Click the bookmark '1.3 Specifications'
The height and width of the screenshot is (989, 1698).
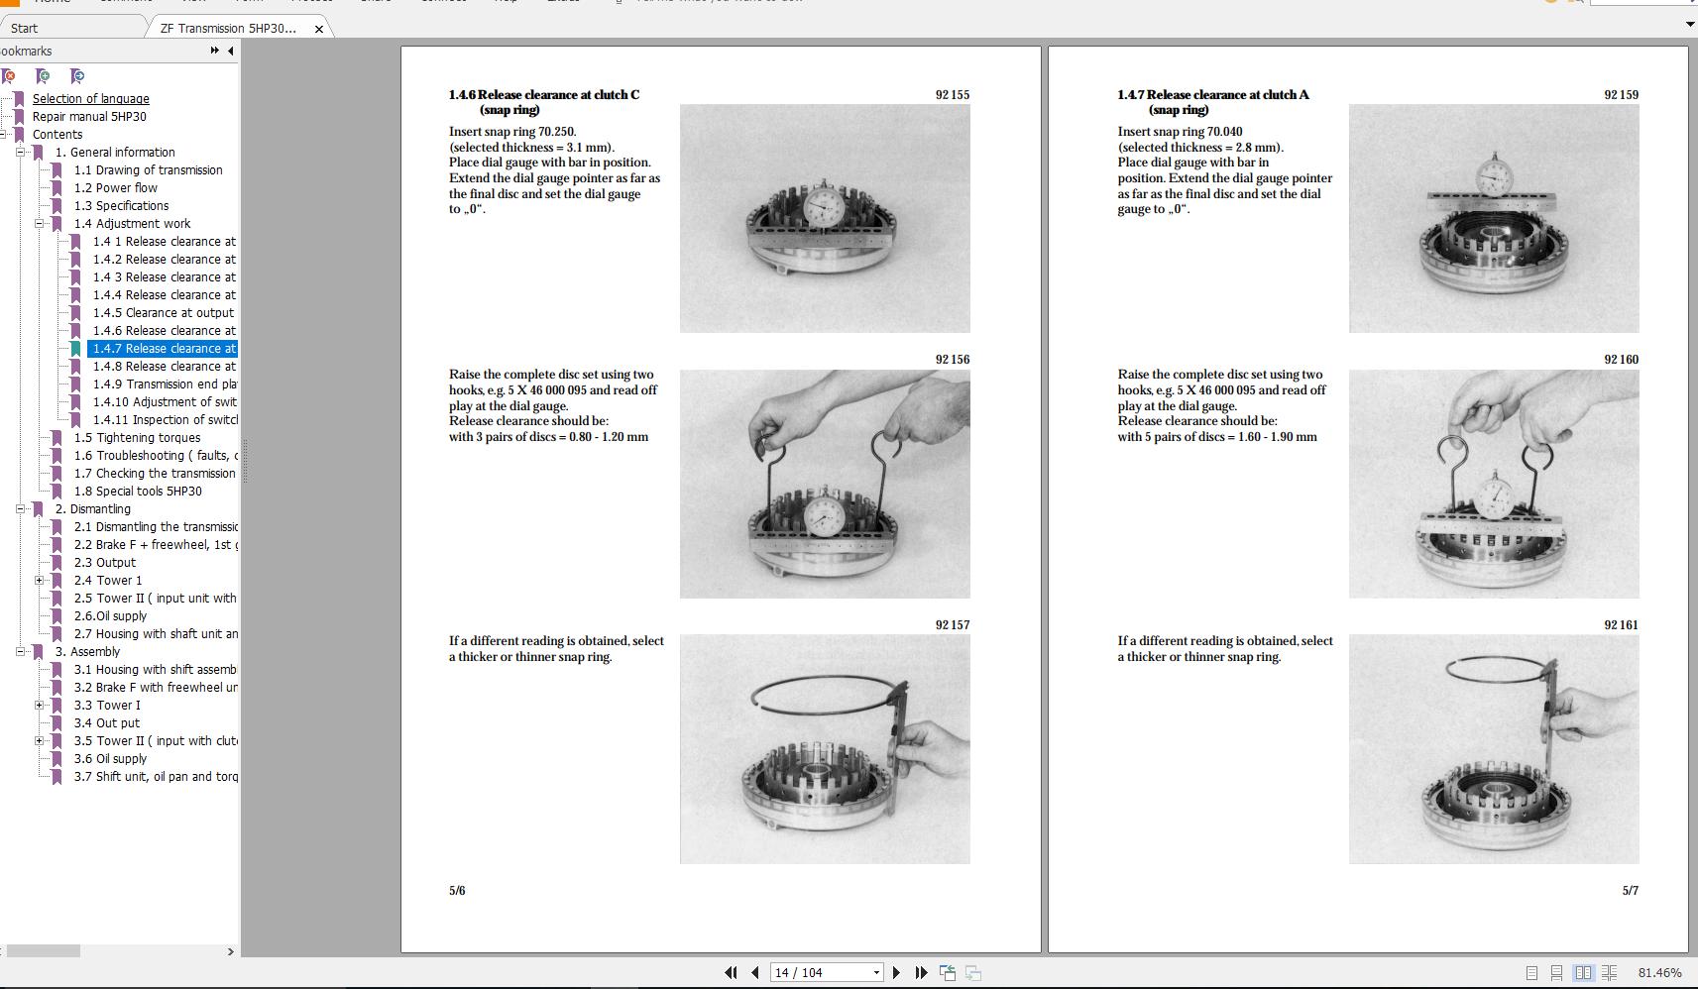click(121, 206)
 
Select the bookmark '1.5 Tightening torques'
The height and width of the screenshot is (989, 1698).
click(137, 438)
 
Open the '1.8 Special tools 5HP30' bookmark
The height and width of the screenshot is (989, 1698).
click(137, 492)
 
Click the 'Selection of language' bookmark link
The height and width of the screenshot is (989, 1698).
click(90, 99)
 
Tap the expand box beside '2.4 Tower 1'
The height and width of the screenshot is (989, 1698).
click(40, 581)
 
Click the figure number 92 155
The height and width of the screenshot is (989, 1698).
click(952, 95)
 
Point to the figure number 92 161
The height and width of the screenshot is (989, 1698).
click(1621, 625)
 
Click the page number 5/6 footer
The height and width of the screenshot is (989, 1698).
click(457, 891)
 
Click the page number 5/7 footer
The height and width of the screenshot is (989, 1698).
click(1630, 891)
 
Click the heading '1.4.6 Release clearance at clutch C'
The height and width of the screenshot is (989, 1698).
click(544, 95)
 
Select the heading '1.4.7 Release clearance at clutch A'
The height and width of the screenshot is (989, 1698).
click(1212, 95)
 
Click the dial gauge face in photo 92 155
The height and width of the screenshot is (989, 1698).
click(823, 207)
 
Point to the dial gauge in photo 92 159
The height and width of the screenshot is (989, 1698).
click(1492, 177)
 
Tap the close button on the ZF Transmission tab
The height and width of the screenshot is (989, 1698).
click(318, 29)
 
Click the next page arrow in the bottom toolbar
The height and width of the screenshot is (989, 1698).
click(896, 973)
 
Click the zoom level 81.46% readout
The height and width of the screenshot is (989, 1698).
click(1659, 973)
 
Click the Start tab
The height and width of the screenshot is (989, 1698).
click(25, 29)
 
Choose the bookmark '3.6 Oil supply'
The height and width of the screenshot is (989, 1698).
click(110, 759)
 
